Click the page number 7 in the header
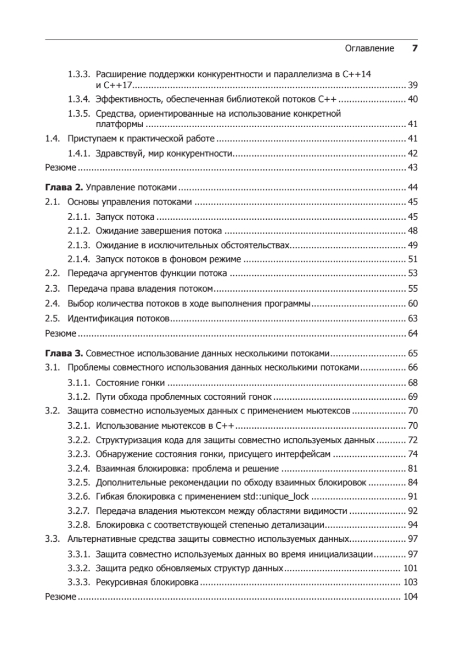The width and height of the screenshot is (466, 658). [x=415, y=48]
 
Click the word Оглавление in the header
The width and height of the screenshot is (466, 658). [x=369, y=48]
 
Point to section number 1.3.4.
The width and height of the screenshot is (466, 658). [x=78, y=100]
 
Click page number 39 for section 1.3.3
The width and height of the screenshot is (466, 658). [x=413, y=86]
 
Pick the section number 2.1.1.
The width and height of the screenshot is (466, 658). [x=78, y=217]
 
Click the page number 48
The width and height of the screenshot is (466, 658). [x=413, y=231]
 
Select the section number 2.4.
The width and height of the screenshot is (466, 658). [x=52, y=304]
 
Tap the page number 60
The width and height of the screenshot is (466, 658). [x=413, y=304]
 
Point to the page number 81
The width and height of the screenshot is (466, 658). [x=413, y=468]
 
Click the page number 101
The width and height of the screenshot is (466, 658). [x=411, y=568]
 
